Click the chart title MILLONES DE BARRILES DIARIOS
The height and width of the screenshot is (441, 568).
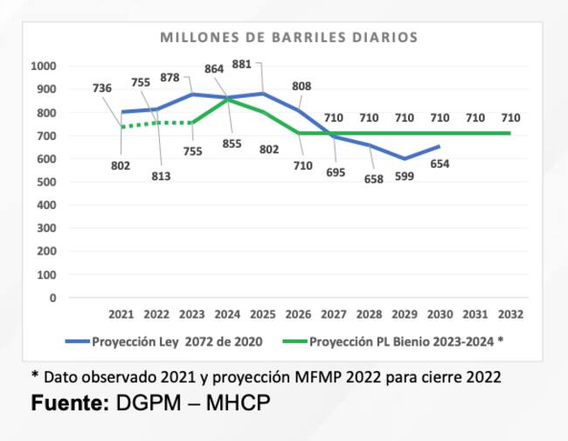click(288, 38)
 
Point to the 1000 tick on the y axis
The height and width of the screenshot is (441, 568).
click(43, 66)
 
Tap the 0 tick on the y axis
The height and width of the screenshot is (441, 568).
click(52, 298)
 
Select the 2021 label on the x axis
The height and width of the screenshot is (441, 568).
click(121, 314)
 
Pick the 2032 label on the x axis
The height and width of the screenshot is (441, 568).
click(510, 314)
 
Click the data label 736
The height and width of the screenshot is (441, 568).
click(102, 87)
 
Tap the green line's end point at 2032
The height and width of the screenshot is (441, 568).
click(510, 133)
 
